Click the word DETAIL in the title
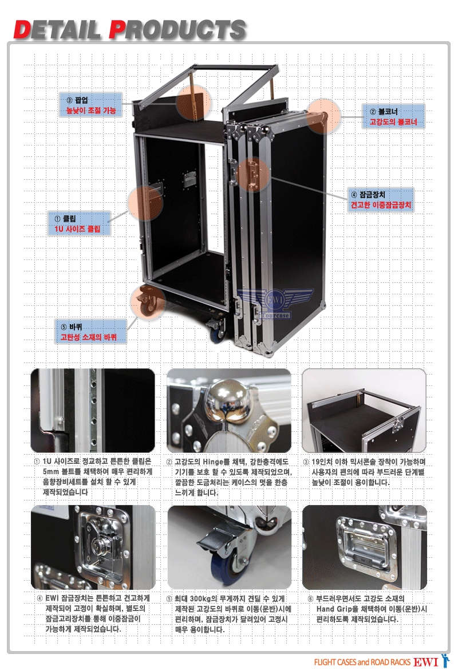coord(57,30)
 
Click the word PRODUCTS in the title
coord(177,30)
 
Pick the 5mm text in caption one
coord(52,472)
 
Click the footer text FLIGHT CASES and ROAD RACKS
coord(362,663)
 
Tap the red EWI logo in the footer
coord(426,662)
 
